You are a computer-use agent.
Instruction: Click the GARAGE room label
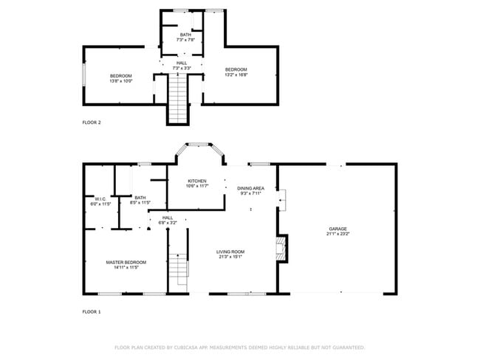[x=337, y=229]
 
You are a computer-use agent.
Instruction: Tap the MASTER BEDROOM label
[x=126, y=262]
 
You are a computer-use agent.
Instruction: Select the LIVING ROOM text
[x=230, y=252]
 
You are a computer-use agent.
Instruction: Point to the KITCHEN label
[x=196, y=181]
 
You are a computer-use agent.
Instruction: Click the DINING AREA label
[x=250, y=188]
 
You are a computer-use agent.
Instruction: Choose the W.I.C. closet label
[x=100, y=198]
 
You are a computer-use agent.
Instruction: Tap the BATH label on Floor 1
[x=140, y=198]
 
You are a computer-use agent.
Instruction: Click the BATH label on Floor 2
[x=185, y=35]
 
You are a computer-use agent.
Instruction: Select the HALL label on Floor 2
[x=181, y=63]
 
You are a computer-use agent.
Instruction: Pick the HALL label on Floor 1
[x=168, y=218]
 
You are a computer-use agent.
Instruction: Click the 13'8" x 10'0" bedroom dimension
[x=121, y=81]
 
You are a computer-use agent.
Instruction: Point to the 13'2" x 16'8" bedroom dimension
[x=236, y=75]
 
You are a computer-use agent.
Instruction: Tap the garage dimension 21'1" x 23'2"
[x=337, y=235]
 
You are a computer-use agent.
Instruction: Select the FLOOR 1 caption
[x=92, y=312]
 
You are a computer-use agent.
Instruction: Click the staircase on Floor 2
[x=178, y=99]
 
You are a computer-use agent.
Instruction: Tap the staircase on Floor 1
[x=179, y=269]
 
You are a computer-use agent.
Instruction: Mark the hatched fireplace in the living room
[x=280, y=248]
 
